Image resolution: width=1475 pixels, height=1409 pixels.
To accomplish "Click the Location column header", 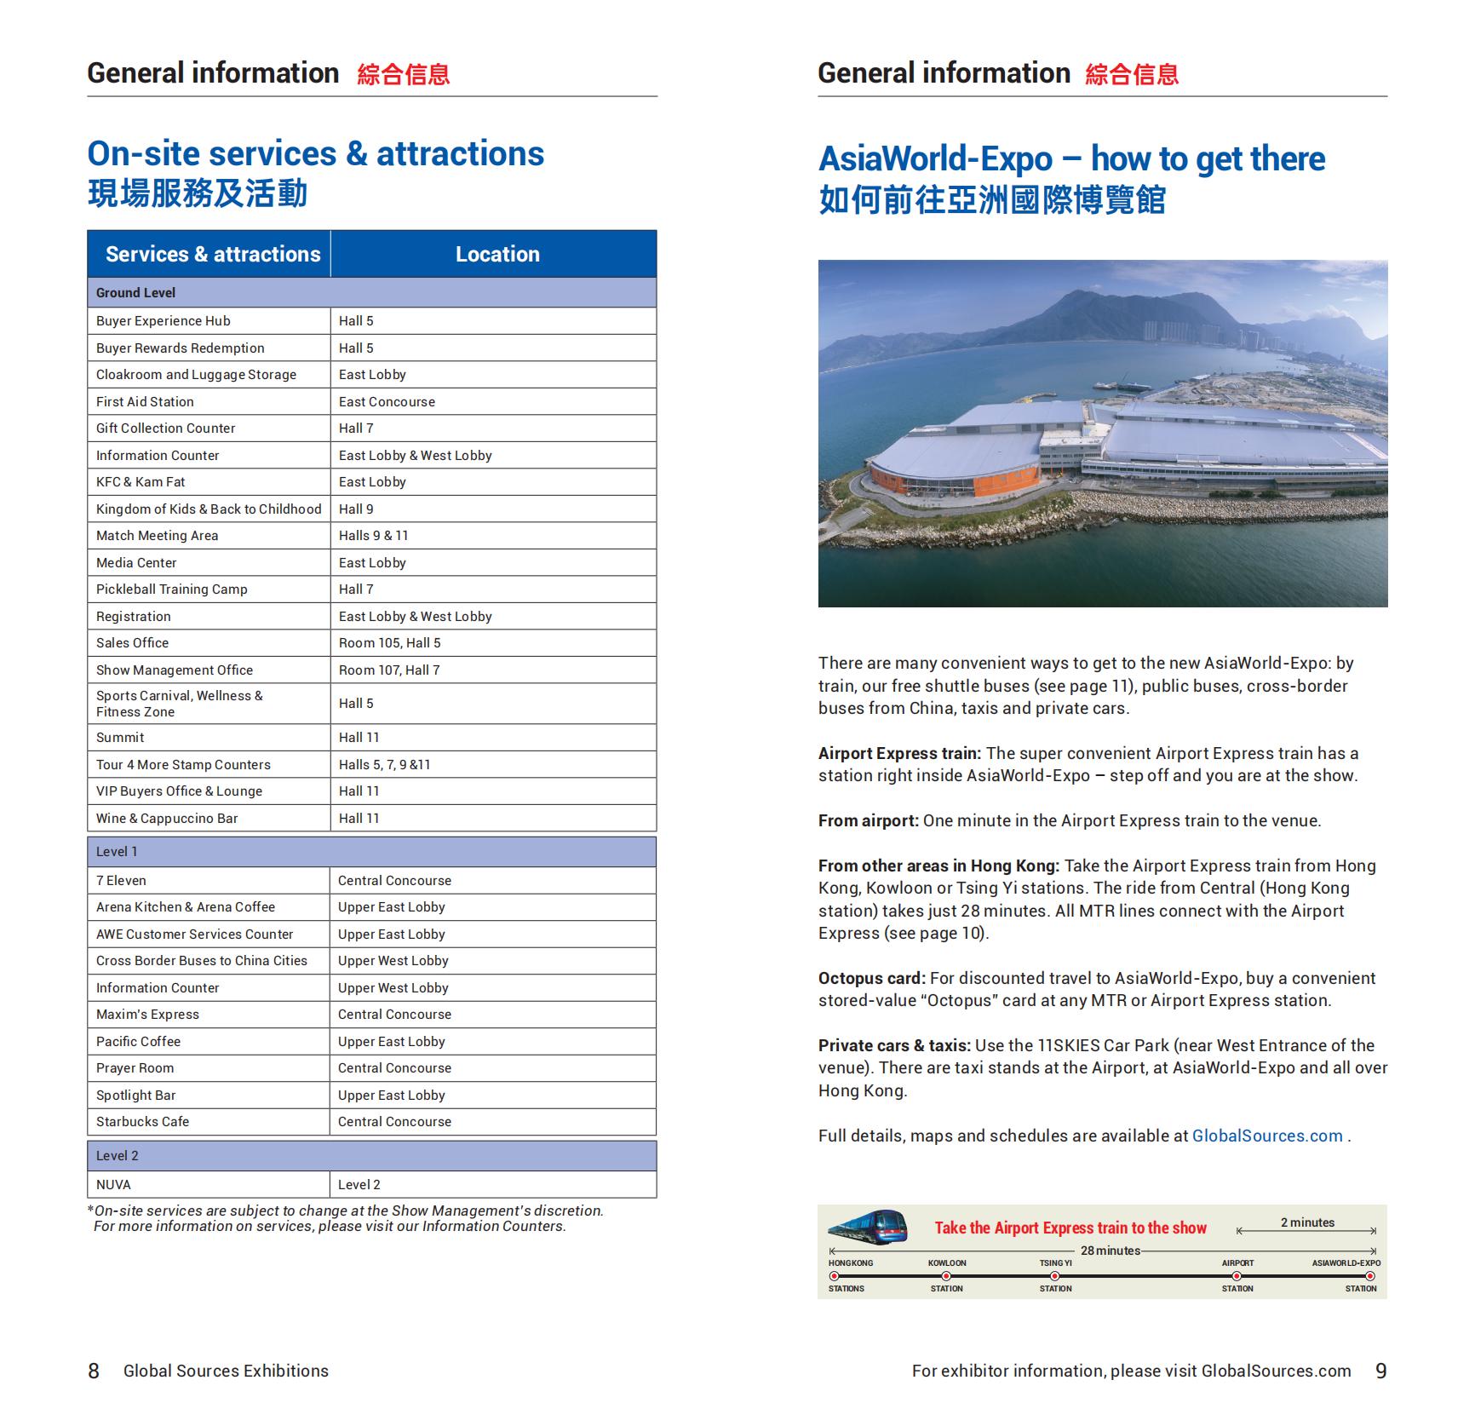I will click(496, 254).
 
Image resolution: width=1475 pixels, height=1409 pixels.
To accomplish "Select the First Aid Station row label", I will click(145, 401).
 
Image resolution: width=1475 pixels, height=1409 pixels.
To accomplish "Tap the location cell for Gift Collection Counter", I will click(356, 428).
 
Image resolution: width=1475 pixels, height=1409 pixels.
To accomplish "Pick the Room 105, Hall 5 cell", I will click(389, 642).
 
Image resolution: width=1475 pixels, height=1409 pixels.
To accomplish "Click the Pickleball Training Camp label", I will click(171, 589).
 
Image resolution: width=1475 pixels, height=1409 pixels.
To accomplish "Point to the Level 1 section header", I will click(117, 851).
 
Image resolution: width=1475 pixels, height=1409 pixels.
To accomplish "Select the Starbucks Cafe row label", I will click(142, 1121).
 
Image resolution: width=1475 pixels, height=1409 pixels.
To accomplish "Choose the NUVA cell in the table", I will click(113, 1184).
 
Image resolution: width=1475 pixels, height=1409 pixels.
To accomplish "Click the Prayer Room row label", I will click(135, 1067).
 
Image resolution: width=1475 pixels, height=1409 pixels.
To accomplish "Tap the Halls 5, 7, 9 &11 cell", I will click(384, 764).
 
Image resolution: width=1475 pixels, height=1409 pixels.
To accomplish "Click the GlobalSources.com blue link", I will click(1266, 1136).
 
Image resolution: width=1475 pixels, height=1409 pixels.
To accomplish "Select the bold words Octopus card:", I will click(871, 978).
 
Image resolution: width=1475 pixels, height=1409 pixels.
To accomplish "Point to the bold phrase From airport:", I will click(868, 820).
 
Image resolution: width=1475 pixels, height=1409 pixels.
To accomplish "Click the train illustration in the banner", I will click(867, 1227).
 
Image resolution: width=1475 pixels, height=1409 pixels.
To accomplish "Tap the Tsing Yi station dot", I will click(1054, 1276).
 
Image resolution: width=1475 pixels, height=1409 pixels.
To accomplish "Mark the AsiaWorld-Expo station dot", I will click(1369, 1276).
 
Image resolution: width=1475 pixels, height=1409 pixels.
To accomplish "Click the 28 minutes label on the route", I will click(1110, 1251).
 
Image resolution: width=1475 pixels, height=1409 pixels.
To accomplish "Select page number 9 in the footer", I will click(1380, 1371).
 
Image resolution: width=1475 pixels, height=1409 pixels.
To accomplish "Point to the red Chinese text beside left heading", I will click(403, 75).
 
